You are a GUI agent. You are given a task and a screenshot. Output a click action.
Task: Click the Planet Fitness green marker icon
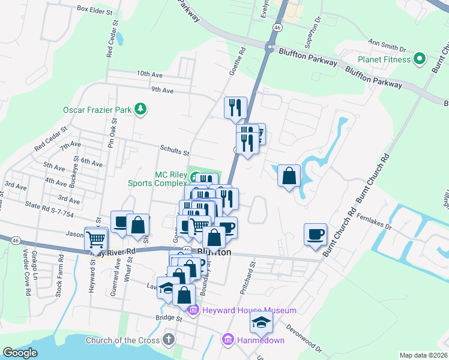click(x=420, y=59)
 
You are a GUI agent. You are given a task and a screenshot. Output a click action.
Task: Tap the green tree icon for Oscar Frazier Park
click(x=140, y=109)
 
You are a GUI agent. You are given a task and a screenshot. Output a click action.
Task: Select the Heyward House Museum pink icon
click(x=193, y=310)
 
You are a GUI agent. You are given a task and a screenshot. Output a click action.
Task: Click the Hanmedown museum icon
click(x=228, y=340)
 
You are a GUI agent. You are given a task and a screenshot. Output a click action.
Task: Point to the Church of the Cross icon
click(x=169, y=340)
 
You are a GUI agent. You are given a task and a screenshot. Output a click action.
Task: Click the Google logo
click(x=20, y=353)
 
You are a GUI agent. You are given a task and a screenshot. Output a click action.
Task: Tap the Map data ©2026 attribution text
click(x=423, y=355)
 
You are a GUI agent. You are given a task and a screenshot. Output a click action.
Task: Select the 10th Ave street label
click(x=149, y=74)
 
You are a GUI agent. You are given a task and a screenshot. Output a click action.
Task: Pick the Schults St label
click(x=174, y=152)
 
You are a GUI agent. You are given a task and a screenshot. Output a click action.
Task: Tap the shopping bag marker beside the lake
click(x=289, y=176)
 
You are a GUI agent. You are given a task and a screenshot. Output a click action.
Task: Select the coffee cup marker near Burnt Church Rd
click(x=315, y=234)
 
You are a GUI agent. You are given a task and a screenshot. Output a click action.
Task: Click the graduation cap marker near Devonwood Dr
click(x=262, y=323)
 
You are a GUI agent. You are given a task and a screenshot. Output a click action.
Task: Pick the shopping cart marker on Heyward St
click(x=96, y=239)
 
